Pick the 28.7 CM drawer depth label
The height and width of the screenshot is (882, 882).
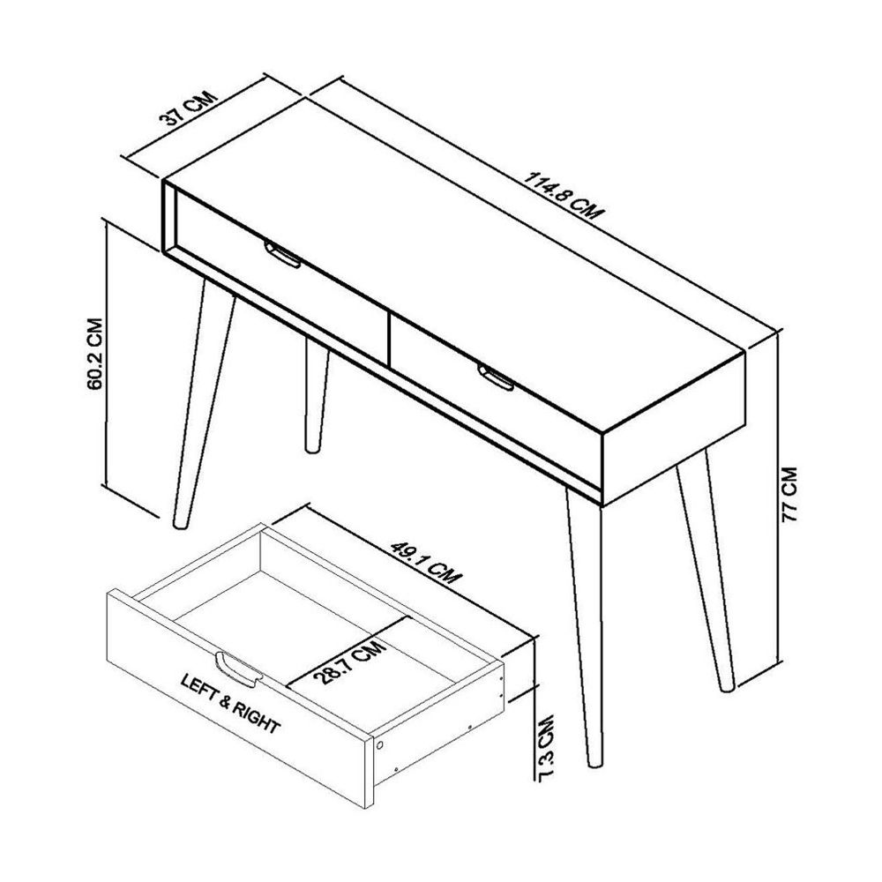349,663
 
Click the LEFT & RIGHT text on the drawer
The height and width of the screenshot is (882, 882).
230,704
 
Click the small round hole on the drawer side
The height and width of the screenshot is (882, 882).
380,745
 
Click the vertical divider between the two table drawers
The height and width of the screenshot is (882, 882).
389,325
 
